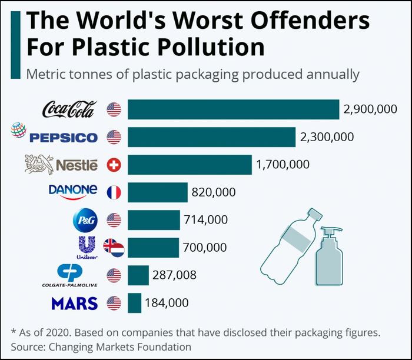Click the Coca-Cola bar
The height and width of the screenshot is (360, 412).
pyautogui.click(x=233, y=109)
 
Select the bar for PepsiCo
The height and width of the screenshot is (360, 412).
pyautogui.click(x=211, y=137)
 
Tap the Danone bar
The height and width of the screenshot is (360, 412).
pyautogui.click(x=157, y=192)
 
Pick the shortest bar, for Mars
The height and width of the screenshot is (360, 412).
pyautogui.click(x=135, y=303)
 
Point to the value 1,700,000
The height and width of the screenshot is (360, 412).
pyautogui.click(x=283, y=165)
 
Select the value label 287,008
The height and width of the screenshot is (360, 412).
pyautogui.click(x=175, y=275)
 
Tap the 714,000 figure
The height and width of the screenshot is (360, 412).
pyautogui.click(x=206, y=220)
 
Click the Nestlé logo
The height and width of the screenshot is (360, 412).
pyautogui.click(x=61, y=164)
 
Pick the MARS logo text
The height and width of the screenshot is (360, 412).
pyautogui.click(x=74, y=304)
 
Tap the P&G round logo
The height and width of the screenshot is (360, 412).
pyautogui.click(x=82, y=220)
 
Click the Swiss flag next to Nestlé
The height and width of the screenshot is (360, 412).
pyautogui.click(x=114, y=165)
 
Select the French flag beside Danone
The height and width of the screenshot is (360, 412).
pyautogui.click(x=114, y=192)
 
